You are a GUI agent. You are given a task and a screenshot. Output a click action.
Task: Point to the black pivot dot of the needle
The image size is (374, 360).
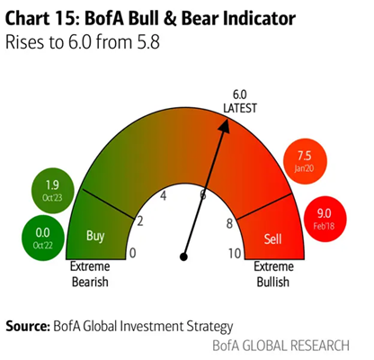pos(183,256)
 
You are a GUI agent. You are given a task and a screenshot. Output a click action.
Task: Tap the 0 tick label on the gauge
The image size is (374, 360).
pos(133,254)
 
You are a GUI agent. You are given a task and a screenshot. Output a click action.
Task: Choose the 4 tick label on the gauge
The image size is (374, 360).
pos(164,195)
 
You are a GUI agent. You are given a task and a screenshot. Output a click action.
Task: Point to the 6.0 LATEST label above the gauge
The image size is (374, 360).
pos(240,101)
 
